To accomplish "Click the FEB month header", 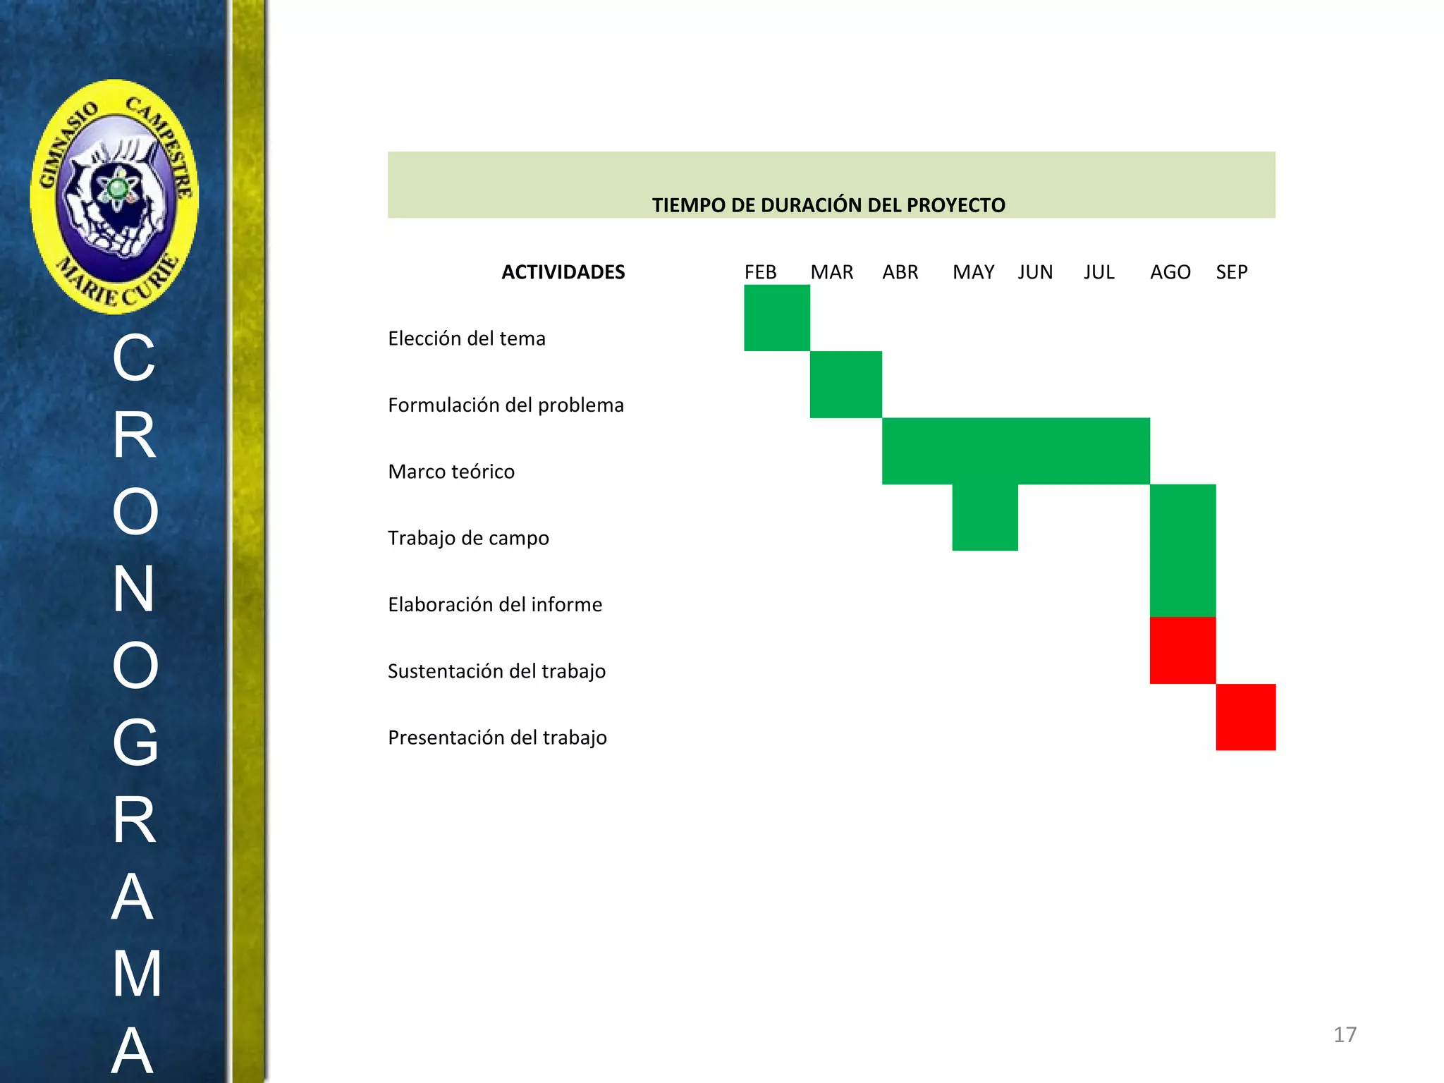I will coord(760,272).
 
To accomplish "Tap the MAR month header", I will coord(831,272).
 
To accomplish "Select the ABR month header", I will coord(900,272).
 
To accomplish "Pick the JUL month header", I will coord(1099,272).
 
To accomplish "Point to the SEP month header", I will coord(1231,272).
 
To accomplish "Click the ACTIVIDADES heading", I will coord(563,272).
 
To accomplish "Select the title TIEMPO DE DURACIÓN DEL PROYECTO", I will coord(828,205).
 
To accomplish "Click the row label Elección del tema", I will coord(467,338).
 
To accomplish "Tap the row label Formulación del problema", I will coord(506,405).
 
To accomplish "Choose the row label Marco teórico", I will coord(451,471).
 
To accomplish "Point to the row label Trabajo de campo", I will coord(468,538).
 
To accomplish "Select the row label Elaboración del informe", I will coord(495,604).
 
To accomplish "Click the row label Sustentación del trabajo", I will coord(496,671).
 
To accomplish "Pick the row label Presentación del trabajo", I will coord(497,738).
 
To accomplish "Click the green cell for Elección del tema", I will coord(776,318).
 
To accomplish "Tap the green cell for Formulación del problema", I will coord(845,384).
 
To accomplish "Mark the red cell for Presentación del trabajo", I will coord(1245,717).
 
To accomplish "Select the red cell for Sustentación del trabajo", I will coord(1182,650).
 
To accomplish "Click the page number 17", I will coord(1345,1034).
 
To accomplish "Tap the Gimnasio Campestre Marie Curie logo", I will coord(115,197).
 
